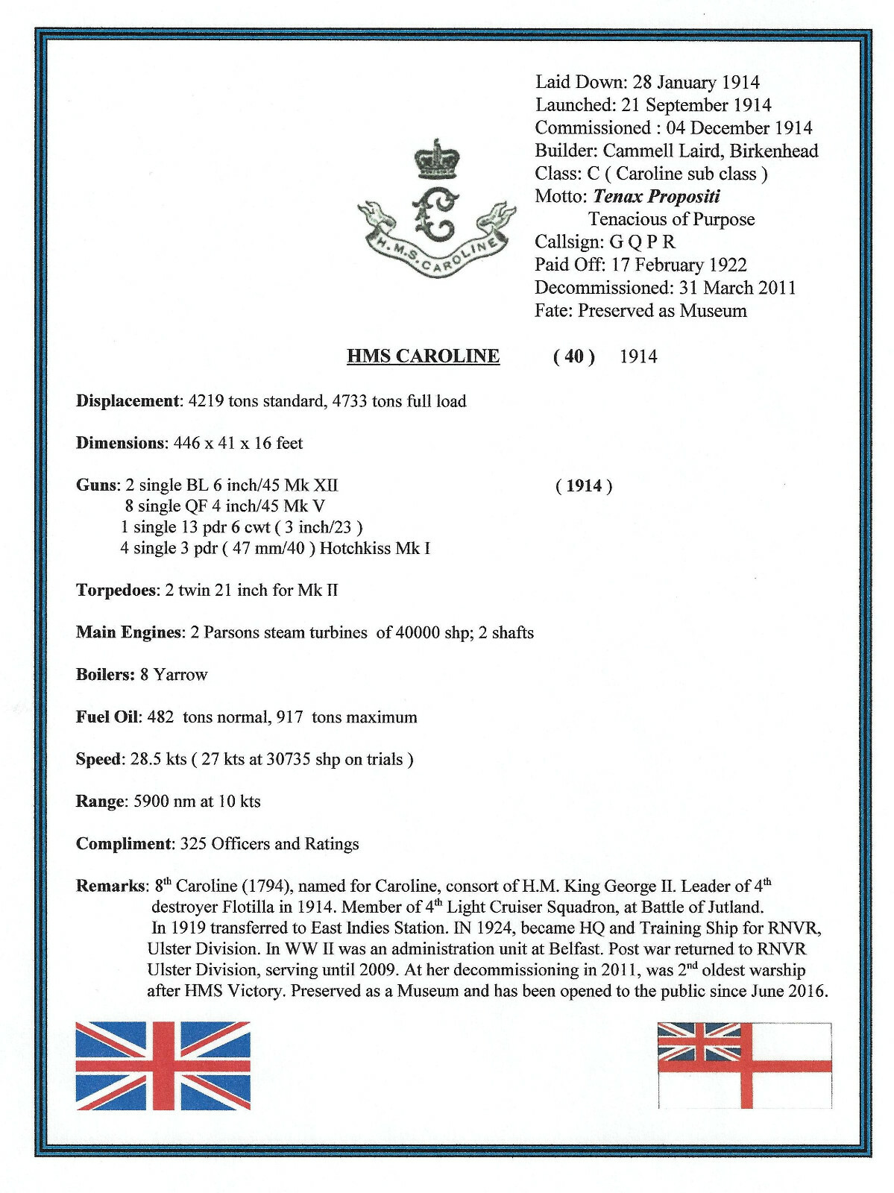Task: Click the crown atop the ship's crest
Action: coord(438,161)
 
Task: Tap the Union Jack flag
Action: coord(163,1065)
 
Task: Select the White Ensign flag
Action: coord(744,1065)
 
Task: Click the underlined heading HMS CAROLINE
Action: coord(423,356)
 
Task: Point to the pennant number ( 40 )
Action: coord(573,356)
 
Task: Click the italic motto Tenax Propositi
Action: coord(656,196)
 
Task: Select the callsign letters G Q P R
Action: coord(642,242)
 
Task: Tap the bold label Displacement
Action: coord(128,401)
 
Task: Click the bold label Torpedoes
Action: coord(117,591)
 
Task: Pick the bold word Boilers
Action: coord(104,675)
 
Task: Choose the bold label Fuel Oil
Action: coord(107,717)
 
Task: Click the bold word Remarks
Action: coord(110,887)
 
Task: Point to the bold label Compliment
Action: coord(124,844)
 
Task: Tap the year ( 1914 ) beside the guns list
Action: coord(584,486)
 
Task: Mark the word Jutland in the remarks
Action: coord(735,907)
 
